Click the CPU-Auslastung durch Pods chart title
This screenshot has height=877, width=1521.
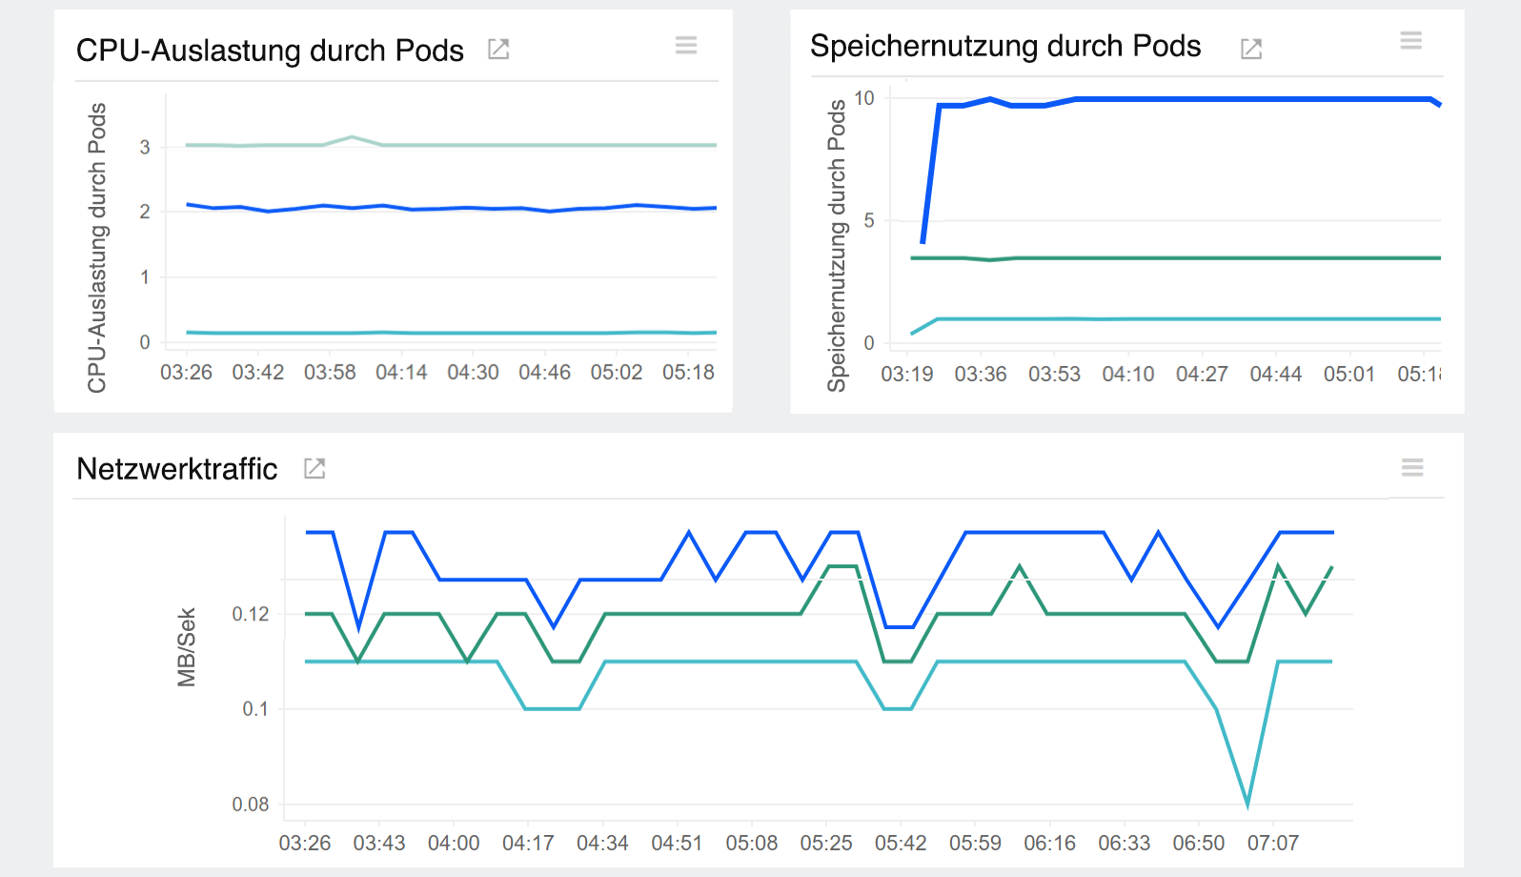(270, 51)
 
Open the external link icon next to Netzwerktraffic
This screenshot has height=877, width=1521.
(314, 468)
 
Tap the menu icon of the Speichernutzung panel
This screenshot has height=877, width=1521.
(1410, 40)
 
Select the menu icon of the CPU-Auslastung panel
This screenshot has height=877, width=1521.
(686, 45)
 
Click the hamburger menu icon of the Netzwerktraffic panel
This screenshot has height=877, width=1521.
(1412, 467)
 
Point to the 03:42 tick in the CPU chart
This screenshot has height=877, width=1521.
(258, 373)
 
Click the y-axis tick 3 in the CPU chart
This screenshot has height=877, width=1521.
(145, 147)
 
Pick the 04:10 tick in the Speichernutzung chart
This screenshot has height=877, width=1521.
(1128, 375)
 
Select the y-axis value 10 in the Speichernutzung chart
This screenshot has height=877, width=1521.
(864, 98)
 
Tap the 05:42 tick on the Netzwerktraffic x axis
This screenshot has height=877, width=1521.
(901, 844)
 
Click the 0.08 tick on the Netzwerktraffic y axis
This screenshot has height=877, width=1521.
(251, 805)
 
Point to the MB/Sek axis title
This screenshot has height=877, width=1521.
(187, 647)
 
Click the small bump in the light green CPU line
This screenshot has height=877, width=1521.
(352, 137)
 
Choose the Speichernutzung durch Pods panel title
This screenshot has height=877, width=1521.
(1005, 47)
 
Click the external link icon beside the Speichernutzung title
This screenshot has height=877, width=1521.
(1251, 49)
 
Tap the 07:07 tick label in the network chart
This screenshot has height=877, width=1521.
(1273, 844)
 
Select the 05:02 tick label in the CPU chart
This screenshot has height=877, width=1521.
(617, 373)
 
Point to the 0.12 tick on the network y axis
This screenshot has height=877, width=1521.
(251, 614)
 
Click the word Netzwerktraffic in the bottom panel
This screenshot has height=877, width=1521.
(177, 469)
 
